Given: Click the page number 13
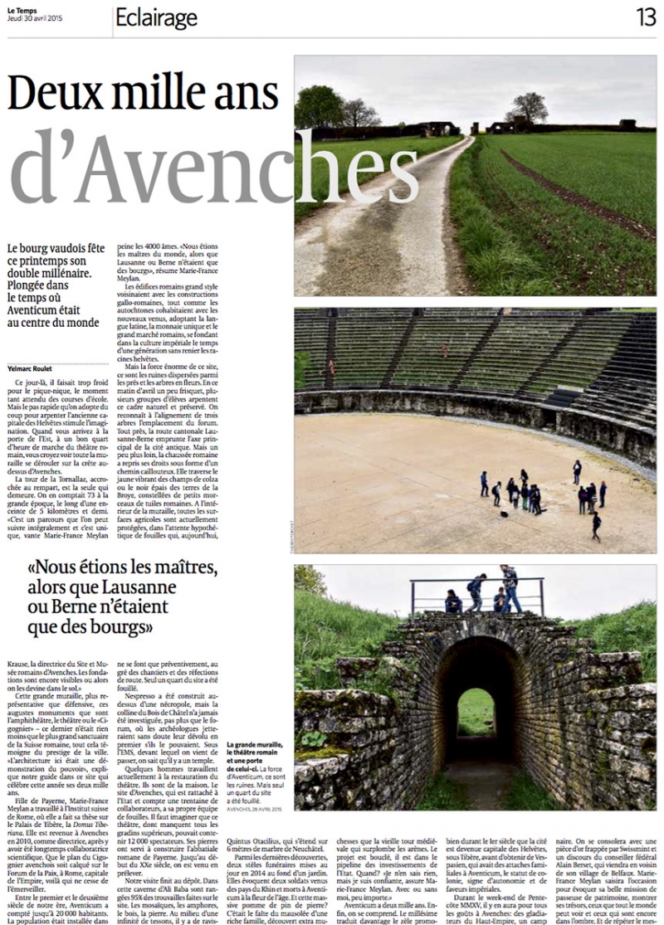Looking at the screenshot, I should pyautogui.click(x=646, y=16).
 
